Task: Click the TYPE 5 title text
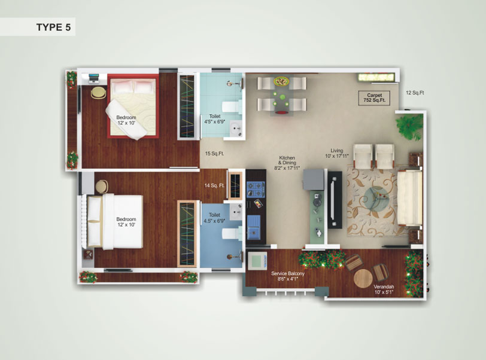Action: [54, 28]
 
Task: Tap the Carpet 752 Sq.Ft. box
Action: [374, 98]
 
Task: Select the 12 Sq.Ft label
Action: [415, 93]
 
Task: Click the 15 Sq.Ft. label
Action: [214, 153]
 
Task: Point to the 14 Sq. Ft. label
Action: [214, 185]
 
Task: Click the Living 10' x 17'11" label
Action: [336, 153]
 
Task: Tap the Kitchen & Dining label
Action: [287, 163]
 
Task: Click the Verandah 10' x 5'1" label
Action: [384, 289]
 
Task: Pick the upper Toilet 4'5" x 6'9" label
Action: [214, 119]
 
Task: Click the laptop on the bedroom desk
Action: [93, 79]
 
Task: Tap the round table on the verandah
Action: [363, 278]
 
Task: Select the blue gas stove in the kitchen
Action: [256, 190]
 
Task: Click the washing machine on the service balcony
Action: [257, 261]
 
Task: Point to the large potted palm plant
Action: [410, 126]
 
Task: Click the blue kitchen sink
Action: [254, 228]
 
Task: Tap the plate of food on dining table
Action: [281, 81]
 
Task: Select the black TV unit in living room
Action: [335, 200]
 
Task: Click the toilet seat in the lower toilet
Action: [232, 233]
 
